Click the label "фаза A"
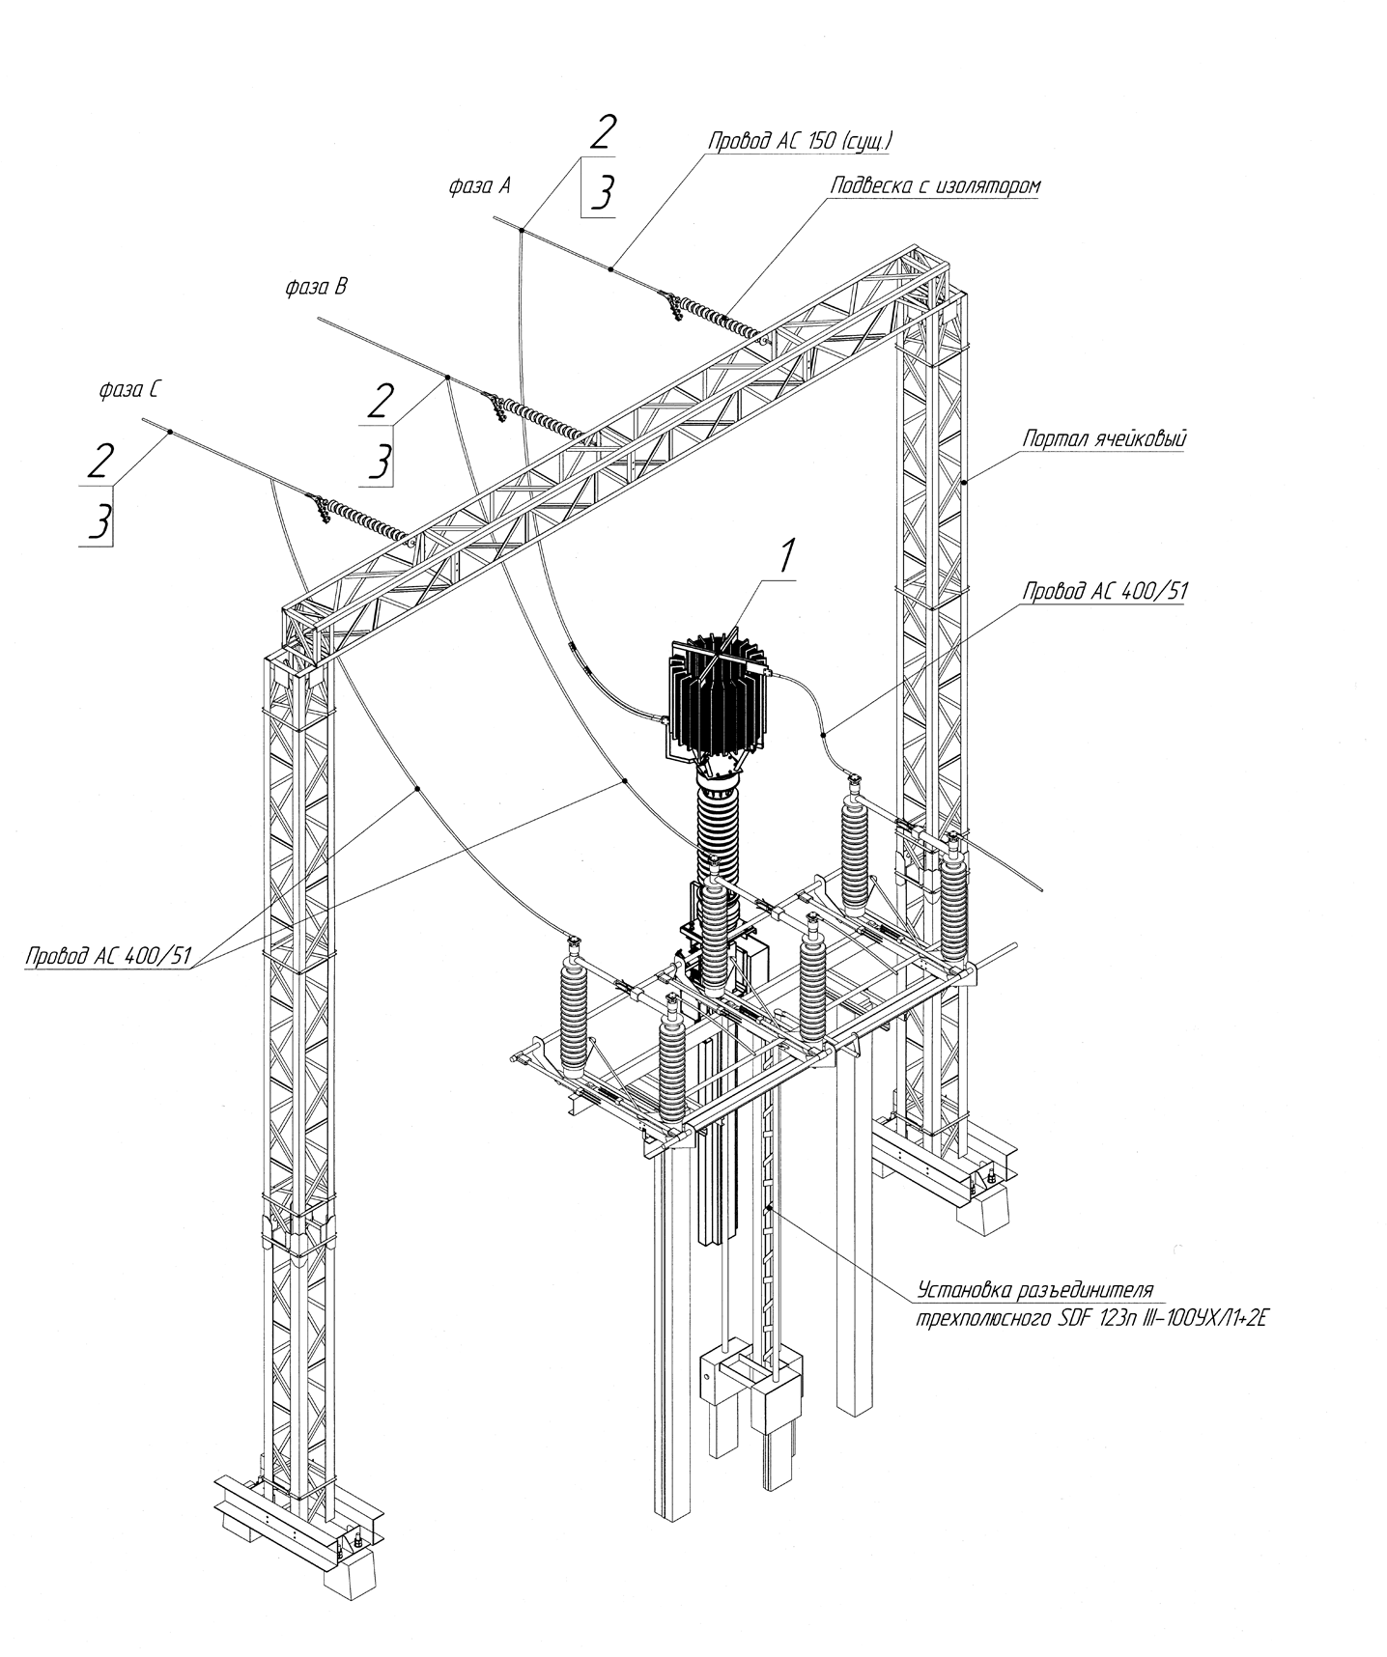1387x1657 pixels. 479,186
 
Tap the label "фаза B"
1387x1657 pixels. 316,287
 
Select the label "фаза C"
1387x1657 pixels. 129,390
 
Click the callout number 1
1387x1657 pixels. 787,558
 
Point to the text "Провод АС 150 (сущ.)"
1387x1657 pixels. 801,140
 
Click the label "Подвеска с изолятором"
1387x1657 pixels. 936,186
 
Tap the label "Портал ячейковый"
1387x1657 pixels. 1105,438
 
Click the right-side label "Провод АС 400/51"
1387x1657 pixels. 1105,591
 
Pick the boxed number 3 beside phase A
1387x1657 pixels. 599,192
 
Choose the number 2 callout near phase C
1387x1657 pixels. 99,461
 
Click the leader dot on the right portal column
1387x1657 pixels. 965,480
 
